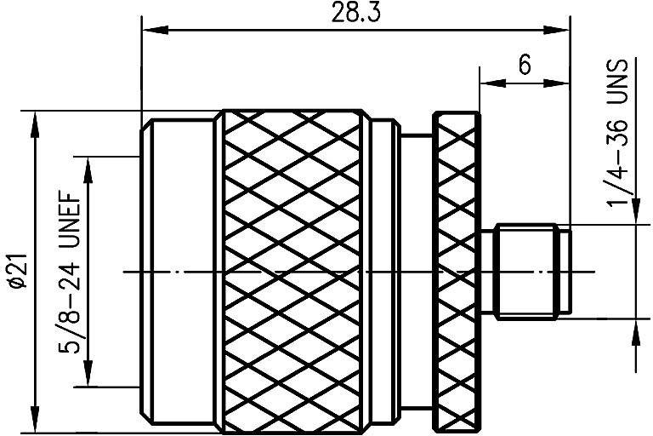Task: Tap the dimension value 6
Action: [x=525, y=65]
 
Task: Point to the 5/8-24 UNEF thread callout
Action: [x=71, y=270]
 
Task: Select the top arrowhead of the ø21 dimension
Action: [x=35, y=121]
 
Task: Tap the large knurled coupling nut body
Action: [x=297, y=271]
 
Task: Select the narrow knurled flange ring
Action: [x=456, y=271]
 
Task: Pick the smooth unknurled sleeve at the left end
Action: [x=180, y=271]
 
